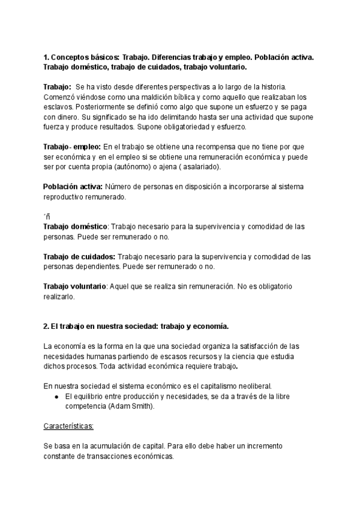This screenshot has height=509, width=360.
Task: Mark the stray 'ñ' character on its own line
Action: (47, 217)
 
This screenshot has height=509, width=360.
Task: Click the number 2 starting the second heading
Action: (46, 326)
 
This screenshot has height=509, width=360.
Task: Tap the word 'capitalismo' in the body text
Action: (199, 386)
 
